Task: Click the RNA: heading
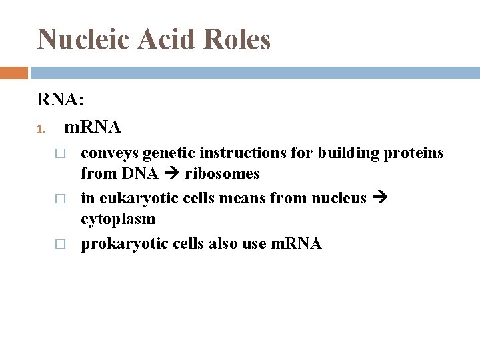pyautogui.click(x=61, y=100)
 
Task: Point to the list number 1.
pyautogui.click(x=41, y=127)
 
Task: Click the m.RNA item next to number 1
pyautogui.click(x=92, y=126)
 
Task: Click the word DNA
pyautogui.click(x=140, y=174)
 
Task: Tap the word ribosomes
pyautogui.click(x=222, y=174)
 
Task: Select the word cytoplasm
pyautogui.click(x=118, y=219)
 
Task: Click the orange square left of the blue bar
pyautogui.click(x=13, y=73)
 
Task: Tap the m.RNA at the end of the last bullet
pyautogui.click(x=297, y=243)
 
